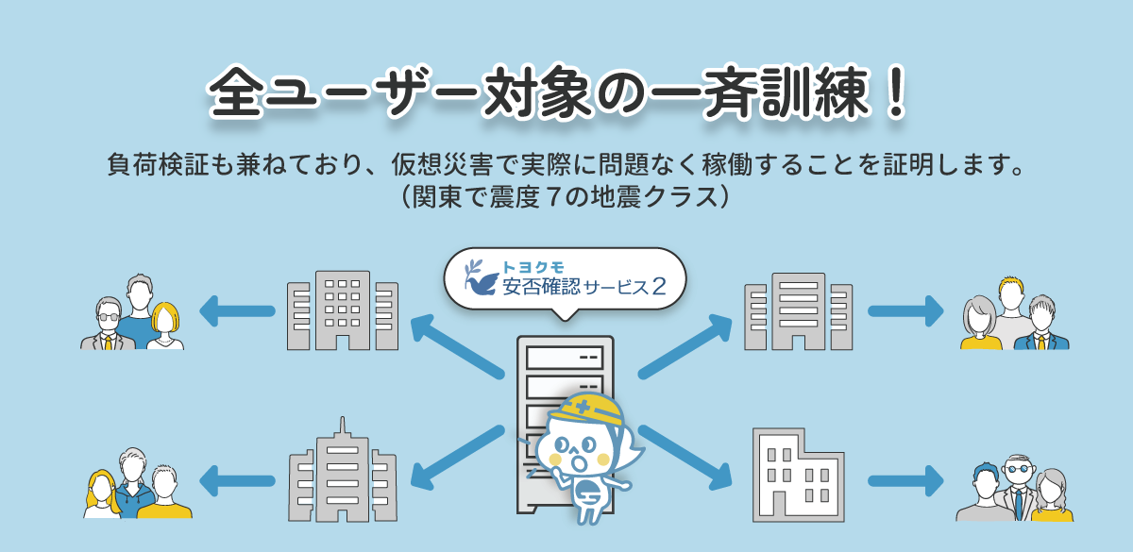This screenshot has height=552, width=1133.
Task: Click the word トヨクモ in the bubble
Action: click(x=533, y=267)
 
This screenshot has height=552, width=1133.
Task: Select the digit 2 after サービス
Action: click(x=659, y=286)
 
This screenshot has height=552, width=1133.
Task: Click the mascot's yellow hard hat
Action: click(x=586, y=410)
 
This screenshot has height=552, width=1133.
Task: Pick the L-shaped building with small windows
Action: click(x=798, y=476)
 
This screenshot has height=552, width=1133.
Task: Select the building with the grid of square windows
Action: click(x=343, y=310)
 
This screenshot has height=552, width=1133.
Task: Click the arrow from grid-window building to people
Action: click(x=237, y=310)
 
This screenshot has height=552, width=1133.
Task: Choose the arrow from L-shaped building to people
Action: click(x=905, y=480)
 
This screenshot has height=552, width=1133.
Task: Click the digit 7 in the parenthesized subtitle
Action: click(x=554, y=196)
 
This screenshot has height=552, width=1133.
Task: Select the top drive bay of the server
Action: click(x=565, y=357)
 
